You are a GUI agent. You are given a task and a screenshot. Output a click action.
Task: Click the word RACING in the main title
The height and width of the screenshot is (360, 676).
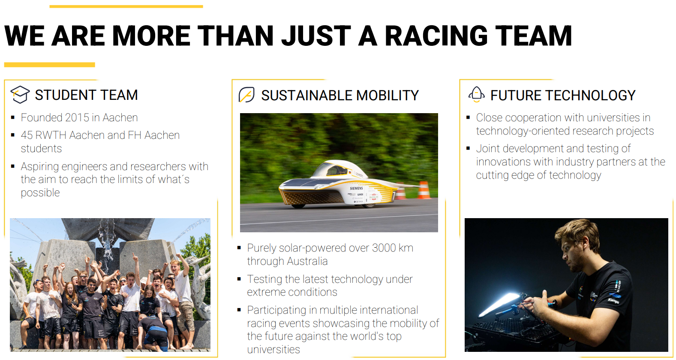tap(436, 36)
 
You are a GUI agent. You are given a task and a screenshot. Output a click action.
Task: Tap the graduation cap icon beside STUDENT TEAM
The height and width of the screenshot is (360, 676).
tap(20, 94)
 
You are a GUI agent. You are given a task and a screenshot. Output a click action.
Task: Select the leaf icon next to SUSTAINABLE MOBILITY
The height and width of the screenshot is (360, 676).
tap(246, 95)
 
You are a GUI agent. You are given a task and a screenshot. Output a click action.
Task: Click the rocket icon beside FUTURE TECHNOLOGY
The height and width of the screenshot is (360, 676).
tap(477, 94)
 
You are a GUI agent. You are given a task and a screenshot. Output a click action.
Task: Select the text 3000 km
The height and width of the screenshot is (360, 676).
tap(393, 248)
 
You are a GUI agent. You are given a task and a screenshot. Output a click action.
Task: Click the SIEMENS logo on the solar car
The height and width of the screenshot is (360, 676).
tap(356, 188)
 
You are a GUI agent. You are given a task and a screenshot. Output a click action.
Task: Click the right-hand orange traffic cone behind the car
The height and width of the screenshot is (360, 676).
tap(424, 190)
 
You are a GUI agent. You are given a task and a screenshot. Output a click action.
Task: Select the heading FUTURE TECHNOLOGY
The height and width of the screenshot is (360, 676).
tap(563, 95)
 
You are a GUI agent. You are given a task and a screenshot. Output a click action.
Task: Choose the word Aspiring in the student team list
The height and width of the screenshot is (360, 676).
tap(40, 167)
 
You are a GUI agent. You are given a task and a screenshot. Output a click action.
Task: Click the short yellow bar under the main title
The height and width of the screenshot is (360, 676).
tap(49, 65)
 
